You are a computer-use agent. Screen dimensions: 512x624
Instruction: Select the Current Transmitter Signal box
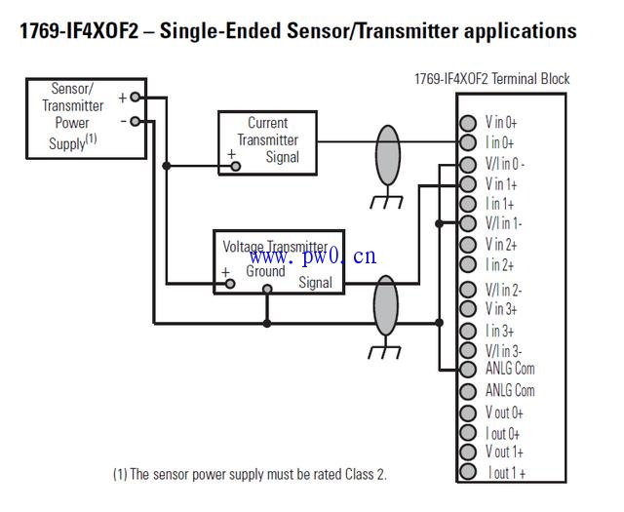267,140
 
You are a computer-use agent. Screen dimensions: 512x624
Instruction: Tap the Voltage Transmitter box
279,261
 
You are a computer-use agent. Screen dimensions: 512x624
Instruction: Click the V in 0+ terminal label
501,123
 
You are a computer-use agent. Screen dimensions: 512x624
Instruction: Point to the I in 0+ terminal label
500,142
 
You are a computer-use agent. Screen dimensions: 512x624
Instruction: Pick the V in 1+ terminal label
501,184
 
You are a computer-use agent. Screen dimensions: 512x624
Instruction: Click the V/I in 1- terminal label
504,223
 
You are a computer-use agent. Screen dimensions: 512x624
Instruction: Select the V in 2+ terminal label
501,245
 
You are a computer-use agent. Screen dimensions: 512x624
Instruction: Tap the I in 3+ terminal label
500,331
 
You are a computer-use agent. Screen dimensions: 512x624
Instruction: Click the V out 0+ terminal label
504,413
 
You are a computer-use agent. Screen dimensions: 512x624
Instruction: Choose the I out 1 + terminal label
506,473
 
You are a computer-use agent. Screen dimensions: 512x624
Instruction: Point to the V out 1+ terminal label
504,453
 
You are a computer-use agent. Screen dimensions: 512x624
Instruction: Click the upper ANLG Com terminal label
510,369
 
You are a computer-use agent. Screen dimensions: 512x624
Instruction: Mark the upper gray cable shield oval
388,155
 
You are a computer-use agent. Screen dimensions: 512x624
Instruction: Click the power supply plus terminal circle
136,98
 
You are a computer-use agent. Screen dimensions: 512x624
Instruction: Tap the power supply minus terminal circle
136,121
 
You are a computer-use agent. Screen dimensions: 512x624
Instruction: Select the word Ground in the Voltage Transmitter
265,272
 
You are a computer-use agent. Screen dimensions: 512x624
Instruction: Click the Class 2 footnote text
250,475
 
